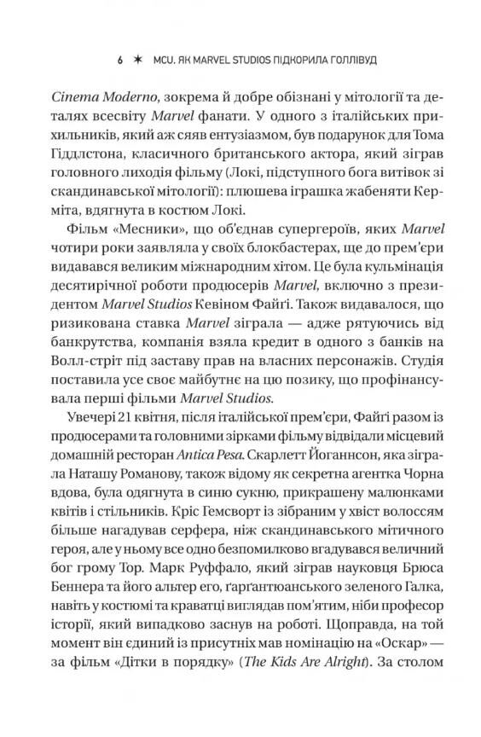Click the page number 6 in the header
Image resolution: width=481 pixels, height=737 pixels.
(x=119, y=62)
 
